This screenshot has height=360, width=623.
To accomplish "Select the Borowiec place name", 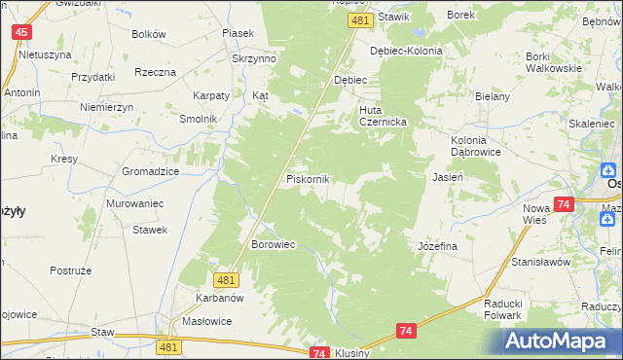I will (274, 244).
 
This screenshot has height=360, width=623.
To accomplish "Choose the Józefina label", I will (437, 246).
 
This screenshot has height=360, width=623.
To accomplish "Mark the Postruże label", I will (70, 269).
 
